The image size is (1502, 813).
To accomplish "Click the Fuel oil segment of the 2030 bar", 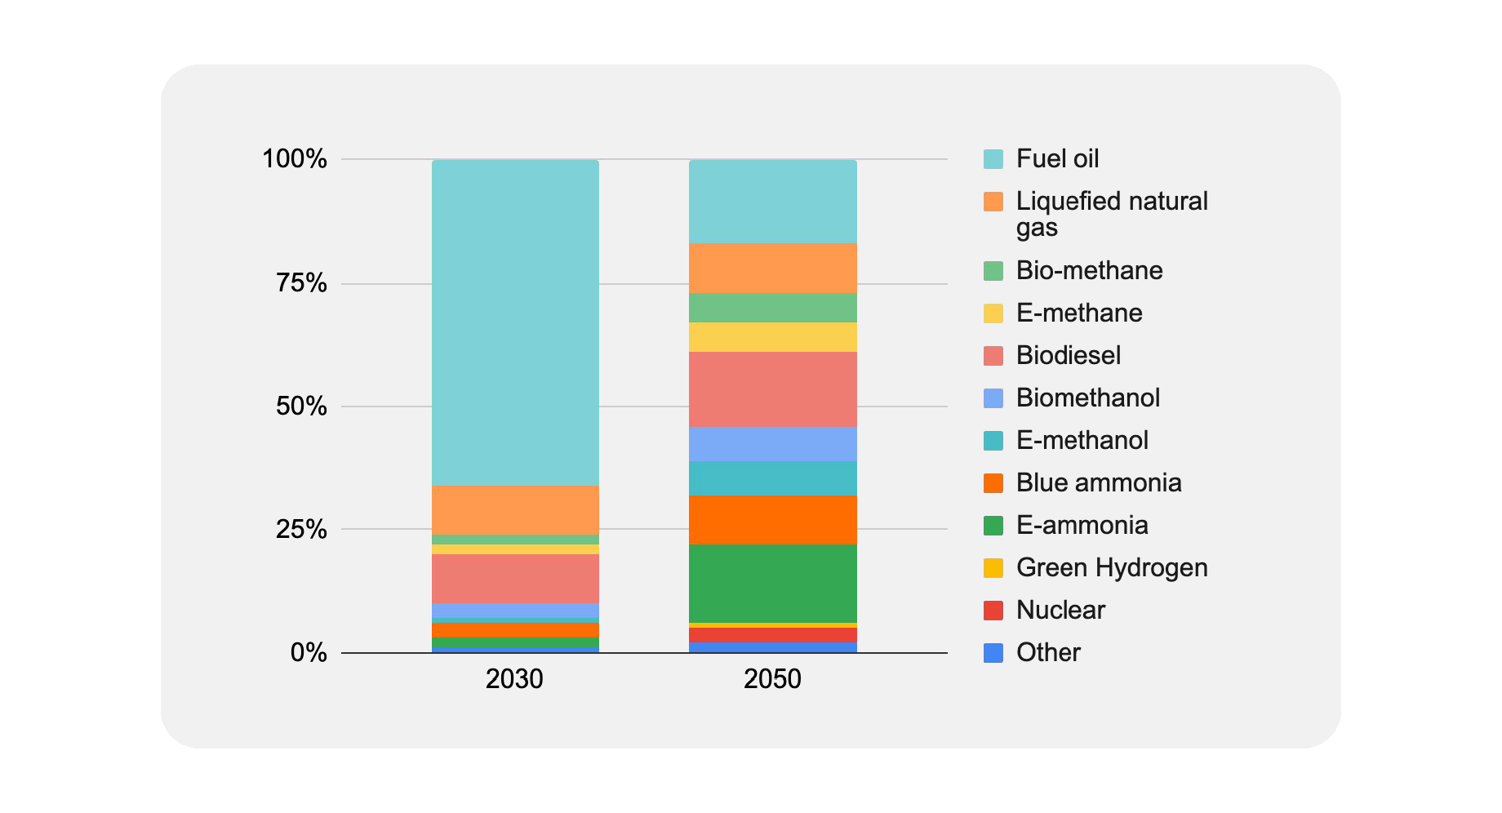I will pyautogui.click(x=515, y=322).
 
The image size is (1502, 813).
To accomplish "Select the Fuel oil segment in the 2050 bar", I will pyautogui.click(x=772, y=201).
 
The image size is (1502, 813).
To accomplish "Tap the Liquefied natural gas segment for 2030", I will pyautogui.click(x=515, y=510).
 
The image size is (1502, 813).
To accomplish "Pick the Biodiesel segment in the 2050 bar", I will pyautogui.click(x=772, y=389).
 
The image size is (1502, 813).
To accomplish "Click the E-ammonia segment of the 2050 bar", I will pyautogui.click(x=772, y=583).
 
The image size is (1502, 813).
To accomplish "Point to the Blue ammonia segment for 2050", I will pyautogui.click(x=772, y=520).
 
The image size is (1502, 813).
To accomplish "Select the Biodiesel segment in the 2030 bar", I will pyautogui.click(x=515, y=579).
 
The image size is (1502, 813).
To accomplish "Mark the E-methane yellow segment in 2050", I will pyautogui.click(x=772, y=337).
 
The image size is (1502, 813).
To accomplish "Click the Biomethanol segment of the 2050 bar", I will pyautogui.click(x=772, y=444).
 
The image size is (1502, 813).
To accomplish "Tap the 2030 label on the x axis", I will pyautogui.click(x=514, y=679).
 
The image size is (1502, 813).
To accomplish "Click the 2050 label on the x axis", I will pyautogui.click(x=772, y=679).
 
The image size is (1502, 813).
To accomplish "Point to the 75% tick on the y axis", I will pyautogui.click(x=301, y=283).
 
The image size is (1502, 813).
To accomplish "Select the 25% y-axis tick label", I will pyautogui.click(x=301, y=530).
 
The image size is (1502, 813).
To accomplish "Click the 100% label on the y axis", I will pyautogui.click(x=295, y=159).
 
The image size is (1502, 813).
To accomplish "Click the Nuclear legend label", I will pyautogui.click(x=1060, y=610).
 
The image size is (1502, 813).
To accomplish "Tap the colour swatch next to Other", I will pyautogui.click(x=993, y=652).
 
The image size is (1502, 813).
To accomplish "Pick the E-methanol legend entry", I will pyautogui.click(x=1082, y=440).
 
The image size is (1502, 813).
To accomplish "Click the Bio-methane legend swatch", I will pyautogui.click(x=993, y=270).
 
